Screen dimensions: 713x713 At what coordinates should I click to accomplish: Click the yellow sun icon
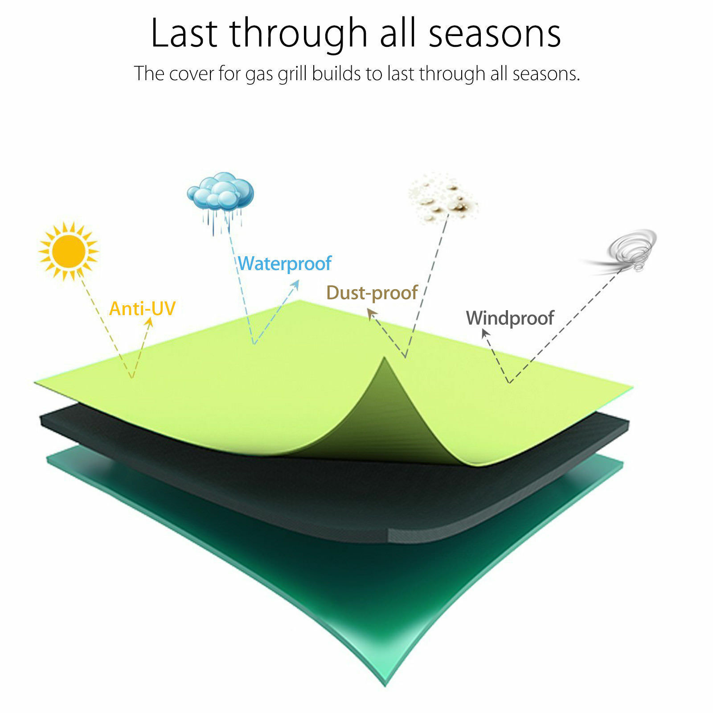[x=68, y=251]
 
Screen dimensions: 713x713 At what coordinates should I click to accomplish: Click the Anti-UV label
[x=143, y=308]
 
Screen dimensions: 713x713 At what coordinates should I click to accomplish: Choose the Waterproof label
[x=285, y=263]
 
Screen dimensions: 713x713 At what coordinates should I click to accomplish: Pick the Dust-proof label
[x=372, y=293]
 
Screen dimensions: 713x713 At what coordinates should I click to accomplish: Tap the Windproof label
[x=510, y=318]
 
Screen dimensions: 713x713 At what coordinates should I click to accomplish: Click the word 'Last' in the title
[x=184, y=33]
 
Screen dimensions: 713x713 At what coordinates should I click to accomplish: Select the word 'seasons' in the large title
[x=495, y=34]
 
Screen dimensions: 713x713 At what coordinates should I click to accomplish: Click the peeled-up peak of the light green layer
[x=384, y=357]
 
